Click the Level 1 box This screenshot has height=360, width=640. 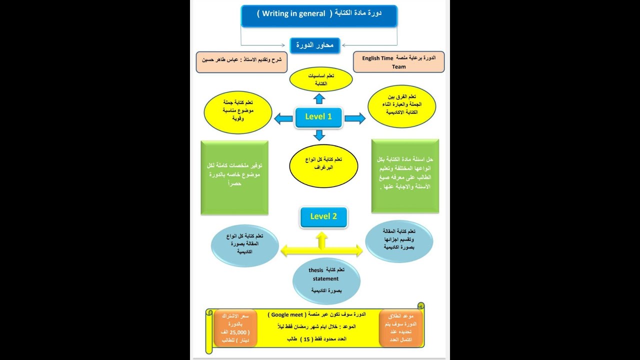(318, 117)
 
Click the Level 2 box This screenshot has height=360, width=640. (323, 217)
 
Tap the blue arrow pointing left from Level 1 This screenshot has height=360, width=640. (283, 118)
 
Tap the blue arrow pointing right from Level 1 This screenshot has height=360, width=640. (354, 118)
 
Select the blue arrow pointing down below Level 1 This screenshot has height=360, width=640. (319, 134)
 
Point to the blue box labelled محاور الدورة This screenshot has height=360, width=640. (315, 45)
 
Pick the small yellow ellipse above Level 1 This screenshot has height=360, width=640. (321, 79)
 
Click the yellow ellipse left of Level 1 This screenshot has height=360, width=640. (238, 112)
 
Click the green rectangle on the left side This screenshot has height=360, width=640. (234, 177)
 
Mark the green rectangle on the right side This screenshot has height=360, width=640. (405, 176)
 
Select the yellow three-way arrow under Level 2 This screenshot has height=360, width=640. (321, 247)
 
